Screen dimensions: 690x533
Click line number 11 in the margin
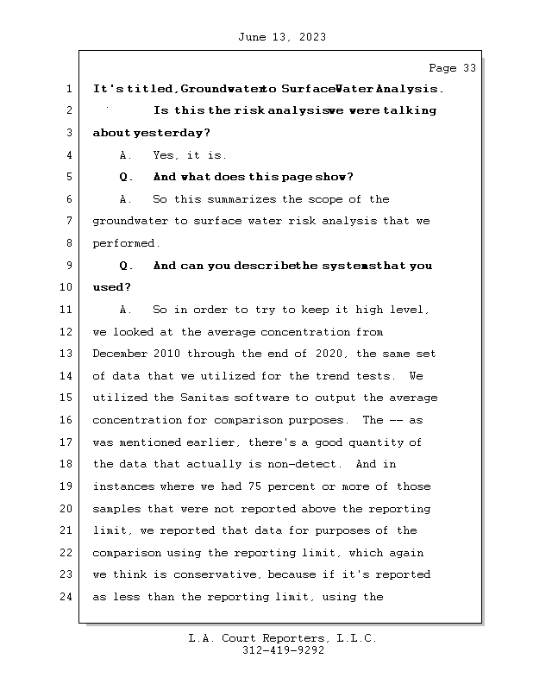pyautogui.click(x=67, y=310)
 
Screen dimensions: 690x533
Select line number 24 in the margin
pyautogui.click(x=67, y=597)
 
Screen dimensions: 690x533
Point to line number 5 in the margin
pyautogui.click(x=67, y=177)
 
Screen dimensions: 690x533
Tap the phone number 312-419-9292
pyautogui.click(x=283, y=652)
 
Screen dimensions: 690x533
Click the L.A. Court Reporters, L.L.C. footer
pyautogui.click(x=283, y=639)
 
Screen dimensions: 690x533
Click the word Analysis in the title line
pyautogui.click(x=412, y=89)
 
